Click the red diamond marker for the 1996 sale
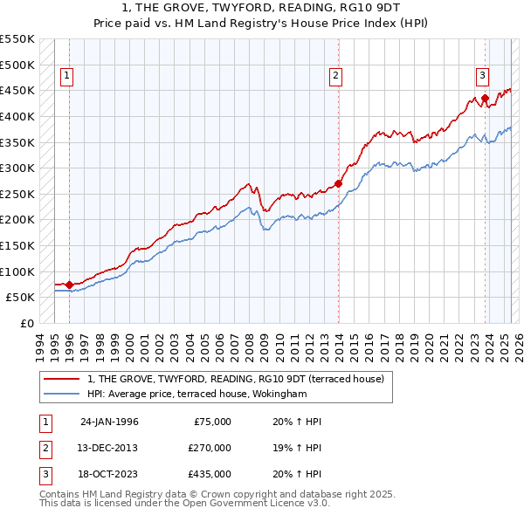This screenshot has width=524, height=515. (69, 285)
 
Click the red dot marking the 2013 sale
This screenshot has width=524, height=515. (338, 184)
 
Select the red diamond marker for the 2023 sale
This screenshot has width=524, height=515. (485, 99)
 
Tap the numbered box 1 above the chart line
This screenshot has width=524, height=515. (67, 77)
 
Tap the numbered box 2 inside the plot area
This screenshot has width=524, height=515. (335, 77)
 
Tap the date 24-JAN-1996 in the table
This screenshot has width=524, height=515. (108, 422)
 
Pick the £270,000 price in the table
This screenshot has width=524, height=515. (210, 449)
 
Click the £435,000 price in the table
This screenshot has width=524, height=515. (210, 476)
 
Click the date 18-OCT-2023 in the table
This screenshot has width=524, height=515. (108, 476)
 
